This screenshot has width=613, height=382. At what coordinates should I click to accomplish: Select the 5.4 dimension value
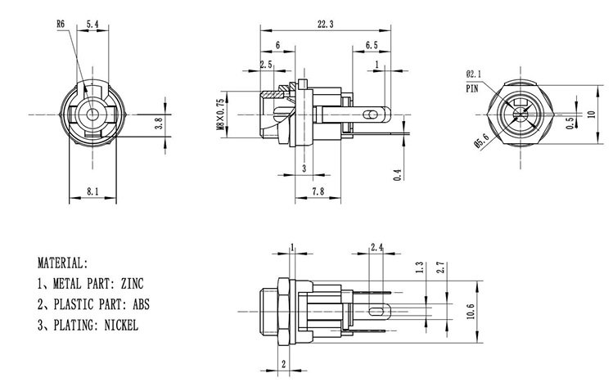93,25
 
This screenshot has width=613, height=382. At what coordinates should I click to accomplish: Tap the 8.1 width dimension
93,191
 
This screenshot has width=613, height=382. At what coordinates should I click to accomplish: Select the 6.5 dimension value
372,44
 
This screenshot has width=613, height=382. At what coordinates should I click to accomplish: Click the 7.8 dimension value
318,191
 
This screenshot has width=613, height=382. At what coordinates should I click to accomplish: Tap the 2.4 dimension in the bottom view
377,246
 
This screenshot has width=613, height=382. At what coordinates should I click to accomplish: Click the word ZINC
132,284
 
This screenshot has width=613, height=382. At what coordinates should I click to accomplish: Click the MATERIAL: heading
61,264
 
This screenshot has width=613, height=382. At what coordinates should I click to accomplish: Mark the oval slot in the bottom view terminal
377,312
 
